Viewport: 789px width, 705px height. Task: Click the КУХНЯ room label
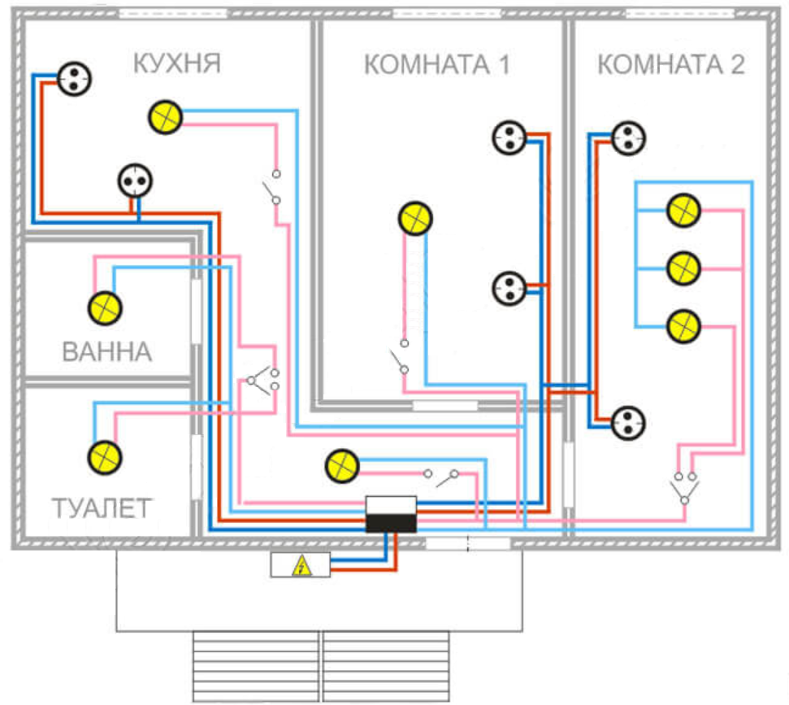click(x=176, y=64)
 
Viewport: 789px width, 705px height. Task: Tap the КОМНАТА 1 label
click(x=436, y=66)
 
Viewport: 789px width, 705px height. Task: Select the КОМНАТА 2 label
click(x=670, y=65)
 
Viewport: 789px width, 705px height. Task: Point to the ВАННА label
click(x=106, y=353)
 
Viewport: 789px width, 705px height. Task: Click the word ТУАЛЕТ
click(x=101, y=508)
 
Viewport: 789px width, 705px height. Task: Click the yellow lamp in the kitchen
click(x=165, y=117)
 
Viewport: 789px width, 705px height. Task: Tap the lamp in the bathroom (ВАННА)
click(x=106, y=308)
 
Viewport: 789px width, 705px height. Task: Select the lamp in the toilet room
click(x=105, y=455)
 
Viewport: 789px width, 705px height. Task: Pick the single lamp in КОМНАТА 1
click(x=415, y=218)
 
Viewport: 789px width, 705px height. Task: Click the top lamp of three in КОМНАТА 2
click(x=683, y=211)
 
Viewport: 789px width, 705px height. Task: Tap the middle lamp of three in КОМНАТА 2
click(x=683, y=268)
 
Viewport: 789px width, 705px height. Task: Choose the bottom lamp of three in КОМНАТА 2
click(x=683, y=326)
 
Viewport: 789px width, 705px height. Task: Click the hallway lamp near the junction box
click(x=341, y=466)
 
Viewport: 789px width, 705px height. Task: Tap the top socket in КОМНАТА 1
click(x=509, y=137)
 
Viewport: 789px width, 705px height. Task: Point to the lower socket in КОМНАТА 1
click(x=509, y=287)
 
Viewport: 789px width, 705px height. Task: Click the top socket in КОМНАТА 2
click(x=628, y=137)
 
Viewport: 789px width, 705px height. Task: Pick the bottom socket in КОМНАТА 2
click(x=629, y=421)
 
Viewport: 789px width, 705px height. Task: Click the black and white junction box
click(x=391, y=514)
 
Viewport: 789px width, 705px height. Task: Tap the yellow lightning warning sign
click(x=301, y=564)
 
